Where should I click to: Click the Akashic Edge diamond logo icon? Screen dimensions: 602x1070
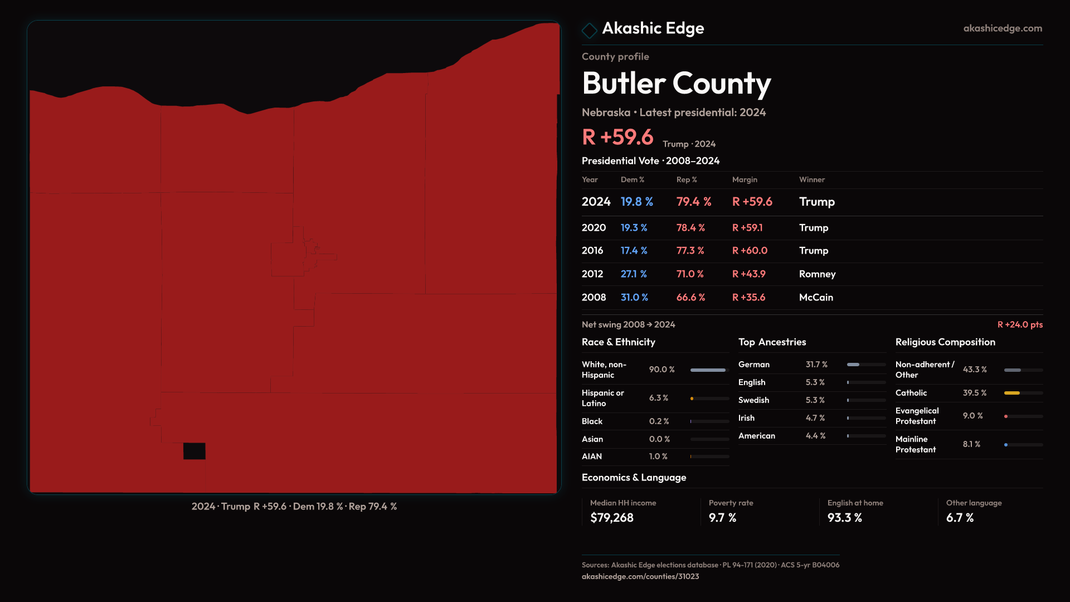pos(589,30)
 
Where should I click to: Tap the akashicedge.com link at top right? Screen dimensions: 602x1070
pos(1003,28)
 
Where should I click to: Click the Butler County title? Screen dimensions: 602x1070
pos(676,84)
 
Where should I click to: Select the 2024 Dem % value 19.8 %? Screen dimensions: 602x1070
pos(636,202)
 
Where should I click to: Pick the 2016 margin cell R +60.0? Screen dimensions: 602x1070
pos(750,251)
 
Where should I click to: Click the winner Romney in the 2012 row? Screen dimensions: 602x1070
pos(817,274)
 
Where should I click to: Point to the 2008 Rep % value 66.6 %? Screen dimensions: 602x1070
pos(690,298)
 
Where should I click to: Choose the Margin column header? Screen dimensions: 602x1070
pos(745,179)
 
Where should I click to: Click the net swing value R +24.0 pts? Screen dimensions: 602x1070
pos(1020,324)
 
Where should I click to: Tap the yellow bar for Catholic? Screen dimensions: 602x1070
pos(1012,393)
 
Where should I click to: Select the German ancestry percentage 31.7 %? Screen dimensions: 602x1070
pos(816,365)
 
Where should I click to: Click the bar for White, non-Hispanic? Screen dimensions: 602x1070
pos(708,370)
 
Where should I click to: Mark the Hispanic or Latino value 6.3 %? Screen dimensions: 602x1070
pos(658,398)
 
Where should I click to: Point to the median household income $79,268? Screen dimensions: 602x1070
pos(611,518)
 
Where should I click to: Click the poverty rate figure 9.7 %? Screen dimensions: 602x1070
pos(722,518)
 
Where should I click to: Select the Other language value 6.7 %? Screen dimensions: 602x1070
pos(960,518)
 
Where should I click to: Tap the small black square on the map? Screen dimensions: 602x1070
pos(194,451)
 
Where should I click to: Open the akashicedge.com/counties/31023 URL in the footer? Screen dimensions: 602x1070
pos(640,576)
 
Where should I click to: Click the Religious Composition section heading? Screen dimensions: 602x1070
pos(945,342)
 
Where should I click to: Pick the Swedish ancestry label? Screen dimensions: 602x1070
pos(753,400)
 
